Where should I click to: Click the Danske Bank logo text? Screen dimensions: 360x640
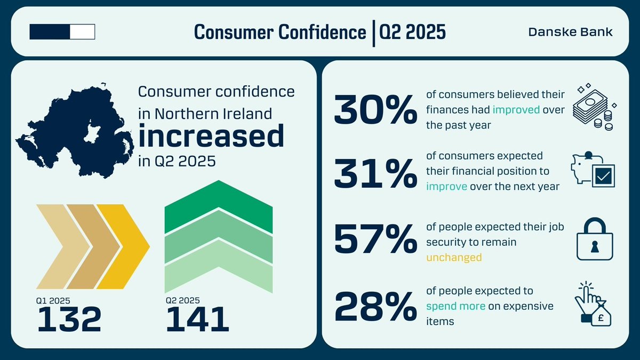[570, 32]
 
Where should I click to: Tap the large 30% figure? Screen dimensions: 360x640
[375, 110]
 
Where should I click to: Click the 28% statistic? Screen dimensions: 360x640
[375, 306]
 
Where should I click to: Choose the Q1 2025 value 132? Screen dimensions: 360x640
[69, 319]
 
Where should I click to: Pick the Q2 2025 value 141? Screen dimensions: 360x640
[197, 319]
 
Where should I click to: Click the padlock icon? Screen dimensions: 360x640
[595, 241]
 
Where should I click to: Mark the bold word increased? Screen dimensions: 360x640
[211, 137]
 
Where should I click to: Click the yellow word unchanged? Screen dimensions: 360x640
[453, 257]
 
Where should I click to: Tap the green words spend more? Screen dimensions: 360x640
[455, 306]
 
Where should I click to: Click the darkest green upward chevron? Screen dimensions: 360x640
[219, 205]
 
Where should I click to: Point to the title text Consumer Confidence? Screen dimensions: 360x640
[279, 32]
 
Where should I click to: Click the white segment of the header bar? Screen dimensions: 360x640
[82, 32]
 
